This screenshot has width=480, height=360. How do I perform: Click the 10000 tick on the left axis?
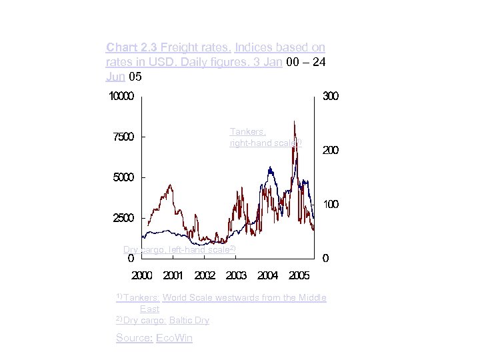121,97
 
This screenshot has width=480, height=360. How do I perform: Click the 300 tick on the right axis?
331,97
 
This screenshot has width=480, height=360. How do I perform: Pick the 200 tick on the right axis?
331,151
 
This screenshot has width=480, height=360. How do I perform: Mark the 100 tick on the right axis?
331,204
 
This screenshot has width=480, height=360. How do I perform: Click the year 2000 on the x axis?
141,275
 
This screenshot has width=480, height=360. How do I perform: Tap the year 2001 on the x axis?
173,275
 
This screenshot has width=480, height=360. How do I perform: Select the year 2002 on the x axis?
205,275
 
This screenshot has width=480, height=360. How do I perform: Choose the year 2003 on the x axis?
236,275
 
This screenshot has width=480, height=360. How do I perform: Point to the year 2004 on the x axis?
267,275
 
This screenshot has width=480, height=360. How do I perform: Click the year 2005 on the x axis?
299,275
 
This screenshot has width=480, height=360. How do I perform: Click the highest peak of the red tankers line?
294,122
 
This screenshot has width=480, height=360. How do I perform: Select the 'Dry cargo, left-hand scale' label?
179,250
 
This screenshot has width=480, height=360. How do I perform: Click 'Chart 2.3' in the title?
131,47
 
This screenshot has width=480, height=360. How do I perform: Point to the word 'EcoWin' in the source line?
174,338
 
